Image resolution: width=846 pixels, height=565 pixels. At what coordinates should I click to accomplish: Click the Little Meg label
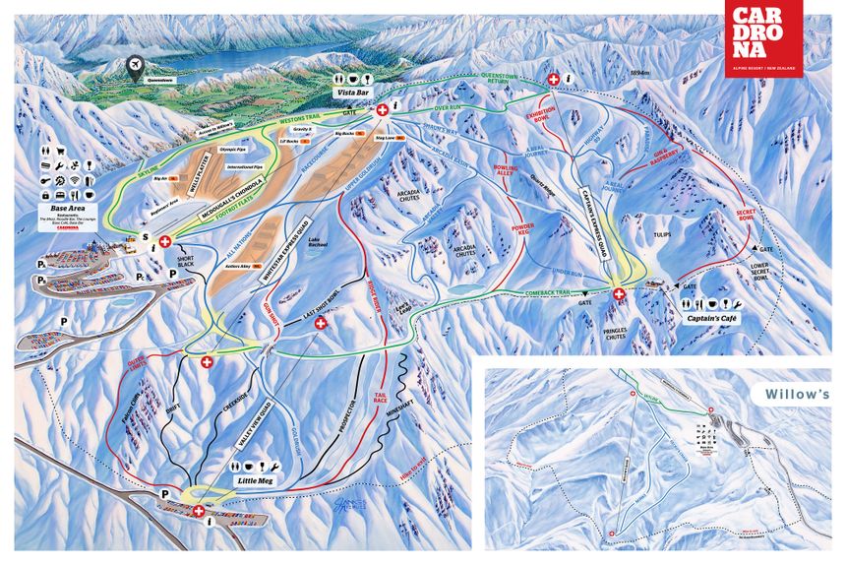[x=254, y=480]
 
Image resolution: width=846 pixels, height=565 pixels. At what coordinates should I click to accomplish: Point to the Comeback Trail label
[x=537, y=293]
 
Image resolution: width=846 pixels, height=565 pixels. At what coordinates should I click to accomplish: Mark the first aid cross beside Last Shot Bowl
[x=319, y=323]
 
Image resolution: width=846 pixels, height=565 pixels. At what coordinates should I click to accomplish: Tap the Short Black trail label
[x=189, y=265]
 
